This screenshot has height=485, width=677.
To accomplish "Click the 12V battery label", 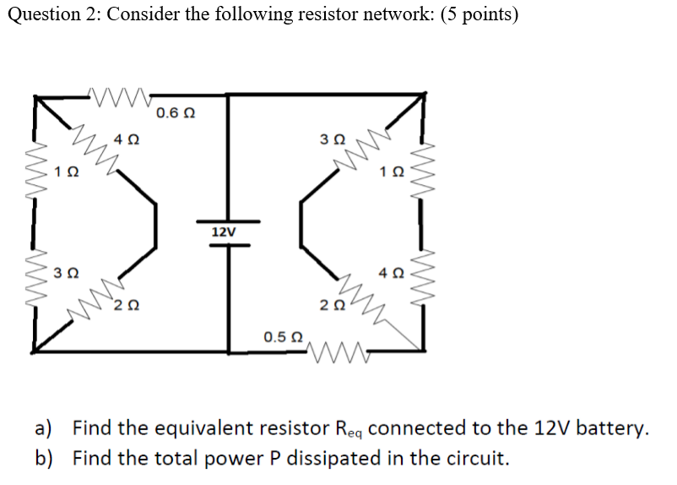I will point(224,232).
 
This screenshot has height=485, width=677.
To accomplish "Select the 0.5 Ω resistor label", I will point(282,336).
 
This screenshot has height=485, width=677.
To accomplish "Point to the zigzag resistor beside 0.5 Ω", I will point(335,347).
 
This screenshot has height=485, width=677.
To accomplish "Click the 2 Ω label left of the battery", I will point(127,305).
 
